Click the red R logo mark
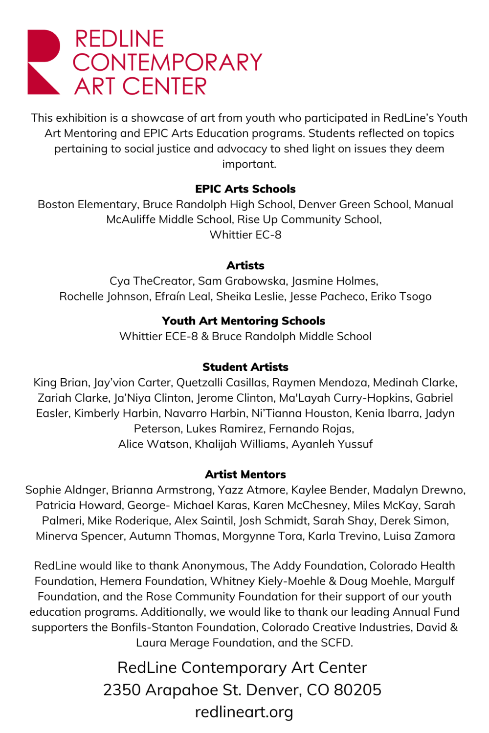click(43, 62)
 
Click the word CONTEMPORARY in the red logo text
click(167, 63)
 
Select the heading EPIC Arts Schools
click(245, 189)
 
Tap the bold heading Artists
click(245, 266)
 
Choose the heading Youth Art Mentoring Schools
click(243, 321)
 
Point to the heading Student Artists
click(245, 367)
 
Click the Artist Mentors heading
click(245, 474)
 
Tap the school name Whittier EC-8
click(245, 235)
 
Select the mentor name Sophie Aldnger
click(66, 490)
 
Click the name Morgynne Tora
click(262, 536)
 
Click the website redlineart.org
click(244, 712)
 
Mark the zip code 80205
click(357, 690)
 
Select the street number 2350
click(121, 690)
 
